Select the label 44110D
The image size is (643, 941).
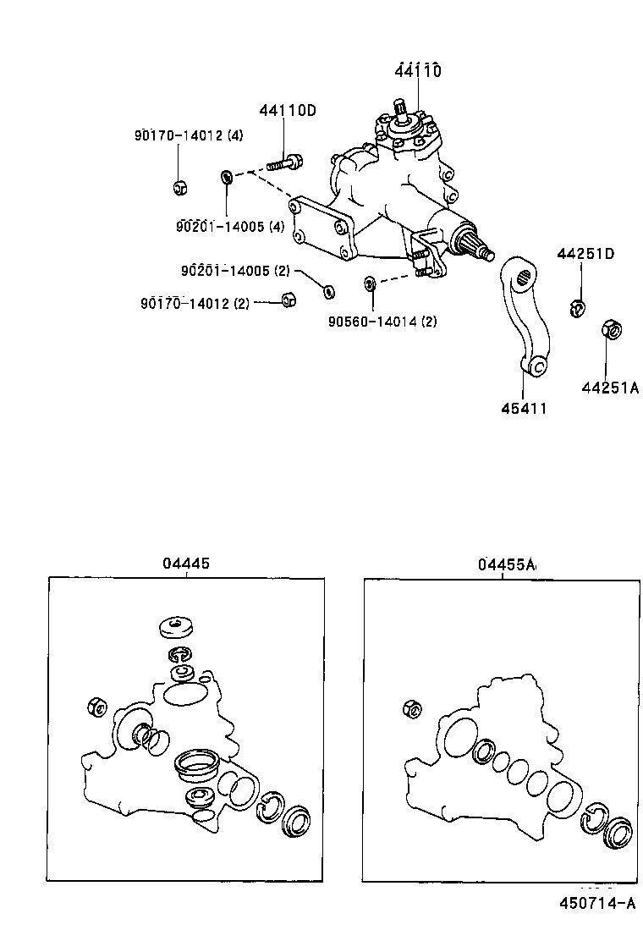tap(287, 110)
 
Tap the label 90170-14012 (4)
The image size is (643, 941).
tap(189, 135)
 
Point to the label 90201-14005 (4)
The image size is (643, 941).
tap(230, 226)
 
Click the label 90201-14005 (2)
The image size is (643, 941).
tap(234, 271)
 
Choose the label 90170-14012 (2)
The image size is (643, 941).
tap(195, 303)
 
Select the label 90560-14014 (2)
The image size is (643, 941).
tap(382, 321)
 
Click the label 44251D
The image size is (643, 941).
tap(585, 254)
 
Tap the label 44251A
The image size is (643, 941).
tap(609, 388)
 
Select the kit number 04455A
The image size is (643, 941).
tap(507, 564)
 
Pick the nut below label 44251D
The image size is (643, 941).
tap(576, 307)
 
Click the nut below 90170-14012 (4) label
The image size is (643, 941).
tap(179, 188)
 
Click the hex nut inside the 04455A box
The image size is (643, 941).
tap(413, 709)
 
